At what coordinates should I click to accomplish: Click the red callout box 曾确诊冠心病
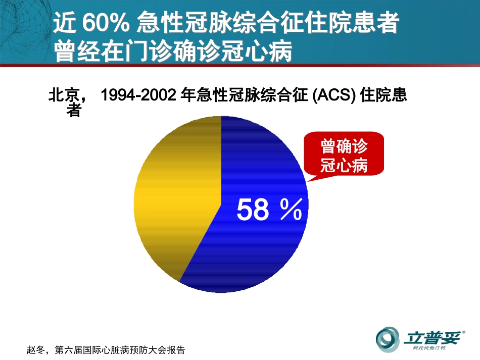[x=344, y=156]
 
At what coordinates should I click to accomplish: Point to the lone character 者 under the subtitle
[x=74, y=111]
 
